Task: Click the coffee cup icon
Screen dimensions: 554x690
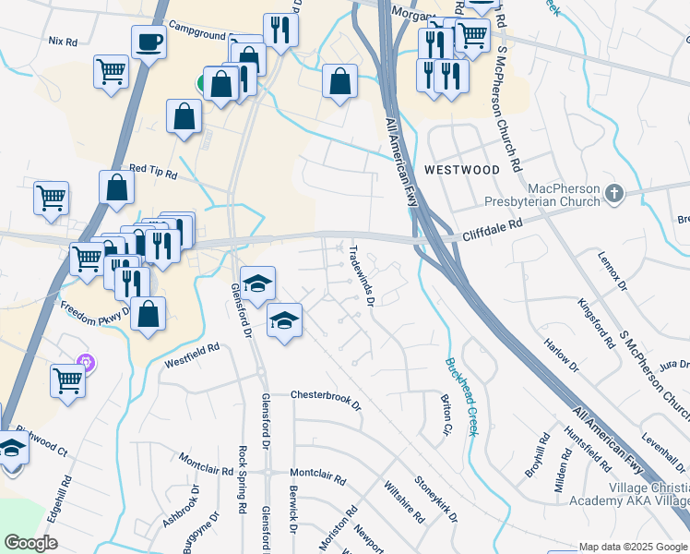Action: pos(148,41)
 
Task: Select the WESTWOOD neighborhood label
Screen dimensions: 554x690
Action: pos(462,170)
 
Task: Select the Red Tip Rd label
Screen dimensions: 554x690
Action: pos(151,168)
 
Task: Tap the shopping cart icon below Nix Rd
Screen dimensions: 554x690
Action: pos(111,70)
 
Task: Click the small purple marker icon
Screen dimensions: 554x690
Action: pos(86,363)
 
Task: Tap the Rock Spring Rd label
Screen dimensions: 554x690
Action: pos(243,480)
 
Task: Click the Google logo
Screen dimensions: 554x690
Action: pos(30,543)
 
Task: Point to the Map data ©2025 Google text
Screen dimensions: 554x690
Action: pos(633,547)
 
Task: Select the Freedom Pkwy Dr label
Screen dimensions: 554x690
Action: pos(93,308)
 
